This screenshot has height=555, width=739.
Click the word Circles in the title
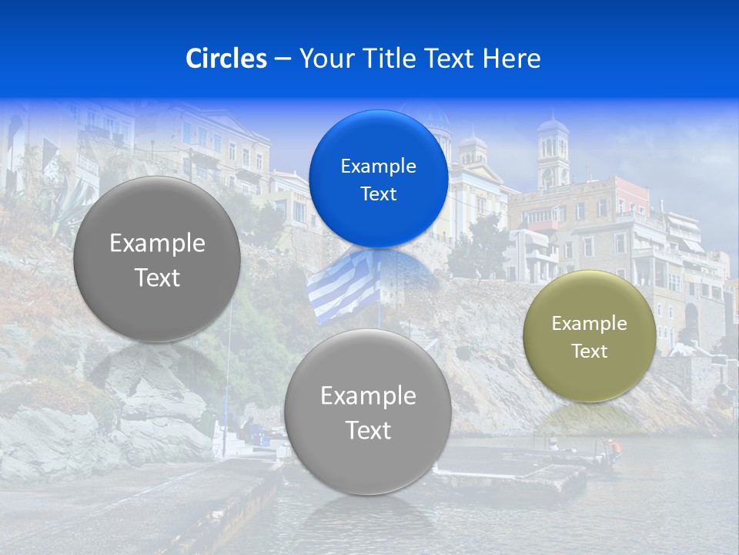(x=226, y=59)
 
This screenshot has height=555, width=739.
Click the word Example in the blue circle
(x=378, y=166)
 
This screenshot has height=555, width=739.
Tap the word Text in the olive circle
(x=590, y=351)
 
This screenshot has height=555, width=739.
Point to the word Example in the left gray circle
(x=157, y=244)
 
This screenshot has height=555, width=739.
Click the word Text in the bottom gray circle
(x=368, y=430)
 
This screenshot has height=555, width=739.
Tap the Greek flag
(x=343, y=287)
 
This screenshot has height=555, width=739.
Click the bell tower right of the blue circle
(x=552, y=154)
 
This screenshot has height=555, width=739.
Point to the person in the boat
(x=610, y=448)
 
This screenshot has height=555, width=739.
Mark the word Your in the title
(x=323, y=59)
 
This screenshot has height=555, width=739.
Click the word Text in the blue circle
(x=378, y=193)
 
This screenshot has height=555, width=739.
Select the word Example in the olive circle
(x=590, y=324)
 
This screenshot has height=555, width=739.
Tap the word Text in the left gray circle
(x=157, y=277)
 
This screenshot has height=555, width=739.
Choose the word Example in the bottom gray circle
(x=368, y=396)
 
